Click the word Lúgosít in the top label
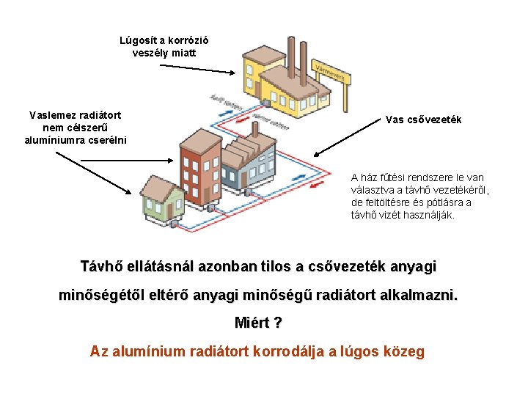136,40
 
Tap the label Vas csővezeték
423,120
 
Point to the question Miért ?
258,323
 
